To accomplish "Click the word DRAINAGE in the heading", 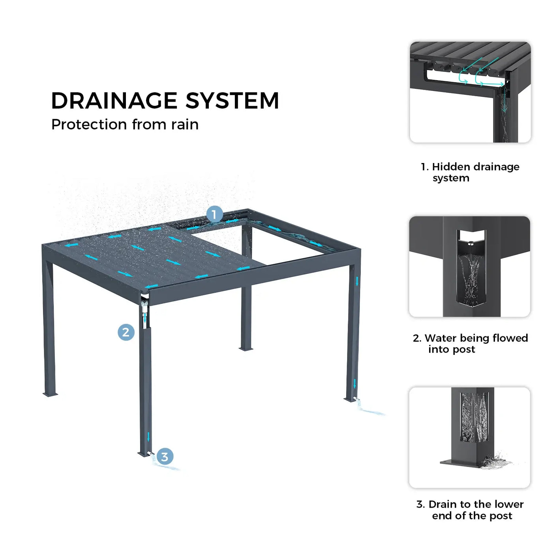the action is (x=114, y=101).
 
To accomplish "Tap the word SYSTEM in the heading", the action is (x=232, y=101).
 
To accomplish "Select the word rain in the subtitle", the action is (x=185, y=124).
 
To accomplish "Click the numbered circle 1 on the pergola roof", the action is (x=215, y=214).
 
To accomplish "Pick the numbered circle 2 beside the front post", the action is (x=126, y=332).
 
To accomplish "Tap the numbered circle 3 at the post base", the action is (x=165, y=456).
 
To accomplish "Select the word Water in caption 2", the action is (x=440, y=338).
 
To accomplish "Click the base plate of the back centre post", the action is (x=246, y=349).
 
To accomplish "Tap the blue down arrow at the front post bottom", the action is (x=148, y=437).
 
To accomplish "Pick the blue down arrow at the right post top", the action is (x=357, y=281).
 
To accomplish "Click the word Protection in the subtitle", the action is (x=89, y=124).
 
